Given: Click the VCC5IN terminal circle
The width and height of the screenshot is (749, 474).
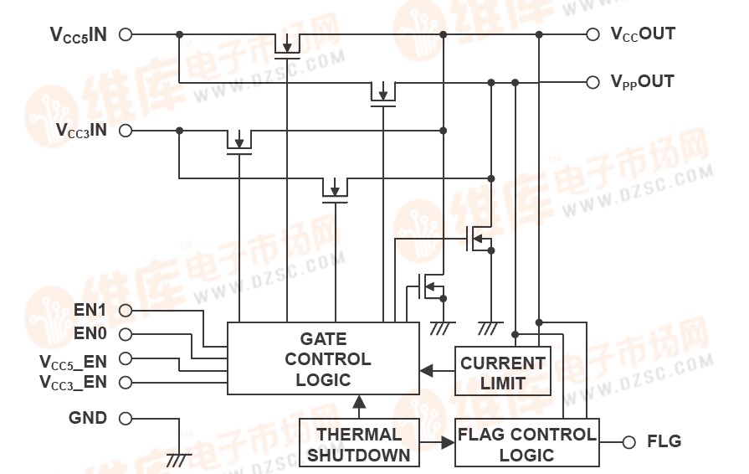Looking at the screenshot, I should click(126, 35).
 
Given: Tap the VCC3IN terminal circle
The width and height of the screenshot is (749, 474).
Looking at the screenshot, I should click(126, 131).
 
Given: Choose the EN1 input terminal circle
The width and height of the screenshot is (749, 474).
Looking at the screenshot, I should click(126, 310).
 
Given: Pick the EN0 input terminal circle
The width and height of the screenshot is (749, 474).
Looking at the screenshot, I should click(126, 334).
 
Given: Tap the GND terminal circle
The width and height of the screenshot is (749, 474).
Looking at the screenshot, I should click(126, 418).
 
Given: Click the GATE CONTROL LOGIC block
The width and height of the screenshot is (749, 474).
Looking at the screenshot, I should click(324, 358).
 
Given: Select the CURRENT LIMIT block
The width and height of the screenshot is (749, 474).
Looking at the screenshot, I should click(503, 371).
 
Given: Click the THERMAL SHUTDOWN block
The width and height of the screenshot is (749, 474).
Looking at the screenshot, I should click(359, 443).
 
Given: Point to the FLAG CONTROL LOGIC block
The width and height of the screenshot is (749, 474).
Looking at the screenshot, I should click(527, 443).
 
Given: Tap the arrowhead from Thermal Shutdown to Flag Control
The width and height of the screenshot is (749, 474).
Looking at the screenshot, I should click(448, 443).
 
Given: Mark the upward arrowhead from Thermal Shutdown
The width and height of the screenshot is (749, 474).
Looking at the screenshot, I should click(359, 402).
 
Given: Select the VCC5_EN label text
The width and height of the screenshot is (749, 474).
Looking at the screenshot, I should click(73, 361).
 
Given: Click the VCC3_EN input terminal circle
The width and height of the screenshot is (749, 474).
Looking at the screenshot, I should click(126, 383).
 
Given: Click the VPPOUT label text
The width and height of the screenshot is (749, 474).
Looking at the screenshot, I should click(642, 82).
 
